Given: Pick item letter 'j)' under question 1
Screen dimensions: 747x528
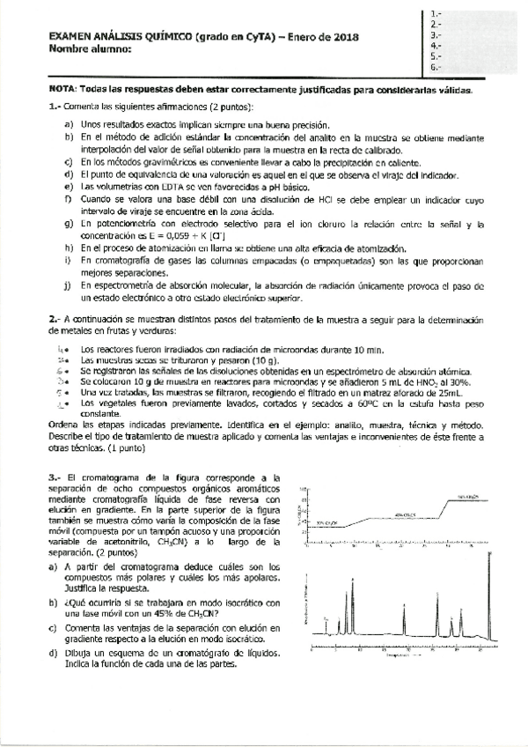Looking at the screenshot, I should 69,286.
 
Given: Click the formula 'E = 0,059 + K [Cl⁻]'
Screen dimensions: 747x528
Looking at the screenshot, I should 166,238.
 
